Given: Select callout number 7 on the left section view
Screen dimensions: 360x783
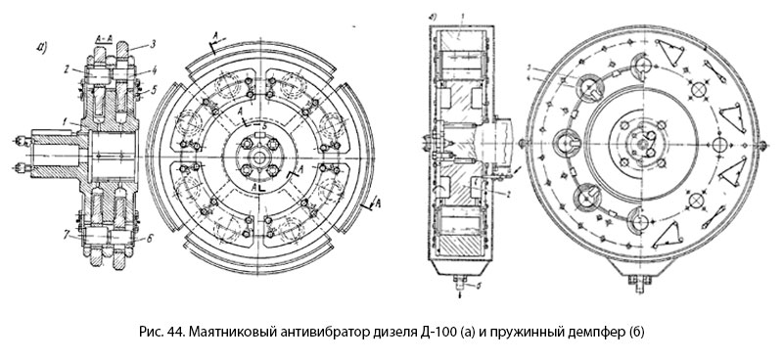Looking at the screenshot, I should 65,234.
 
